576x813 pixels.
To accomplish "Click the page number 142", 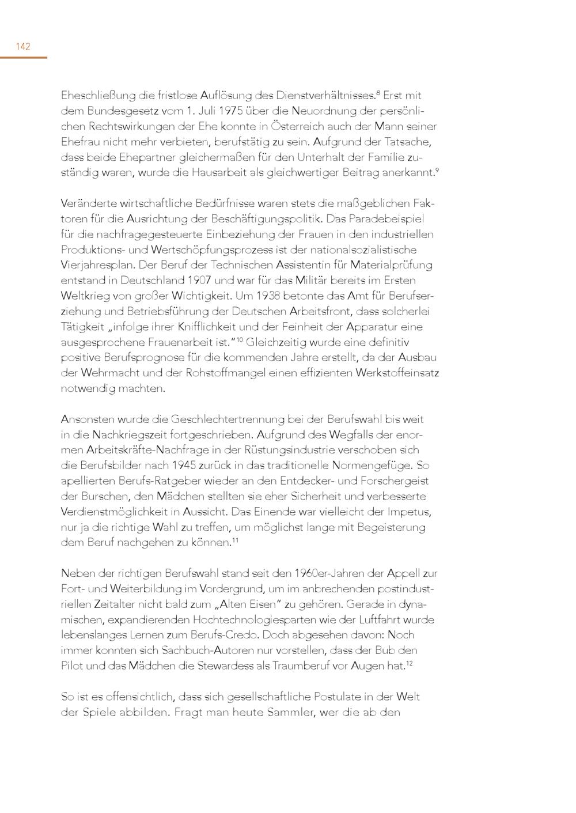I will pyautogui.click(x=23, y=47).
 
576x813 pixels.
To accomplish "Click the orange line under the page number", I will pyautogui.click(x=23, y=57).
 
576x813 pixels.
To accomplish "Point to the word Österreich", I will pyautogui.click(x=298, y=126).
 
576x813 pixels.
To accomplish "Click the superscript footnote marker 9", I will pyautogui.click(x=437, y=169).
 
